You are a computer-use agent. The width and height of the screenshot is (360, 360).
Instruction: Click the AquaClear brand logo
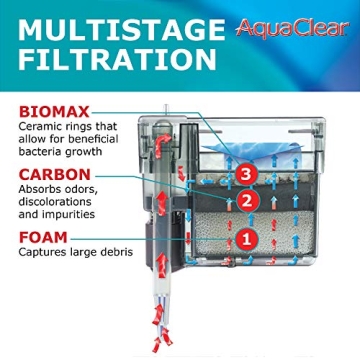click(294, 27)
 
